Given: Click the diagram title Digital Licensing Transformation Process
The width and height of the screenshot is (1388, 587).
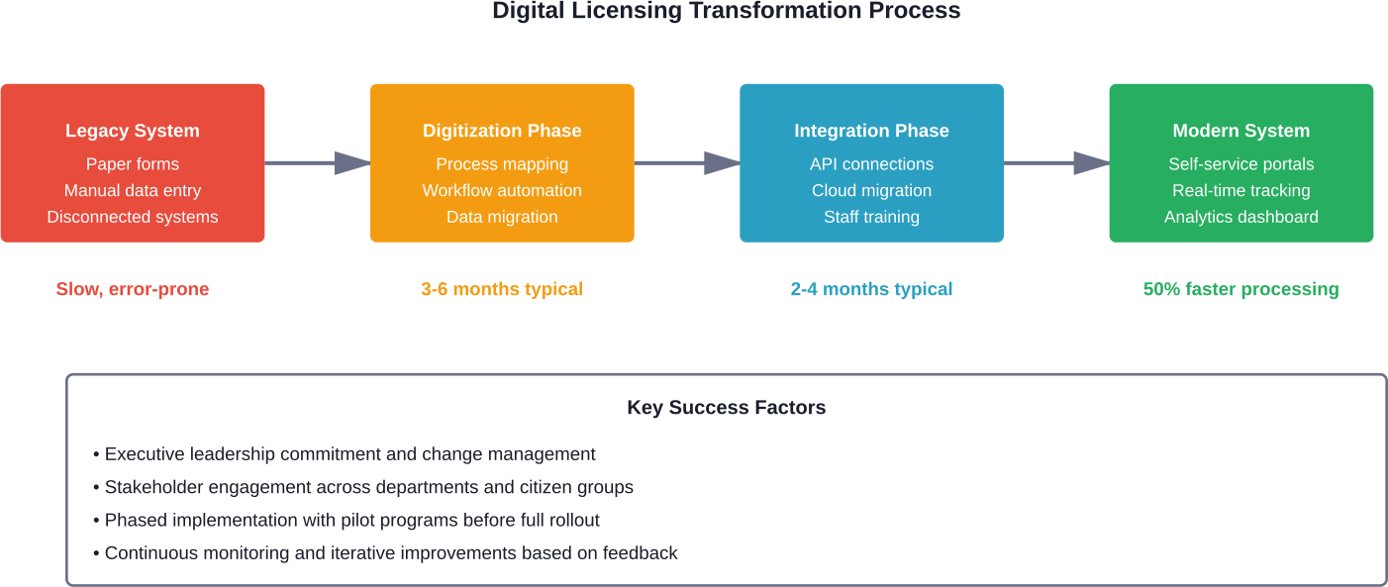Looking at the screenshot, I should coord(726,12).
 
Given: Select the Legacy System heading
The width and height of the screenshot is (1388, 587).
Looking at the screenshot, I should coord(133,131).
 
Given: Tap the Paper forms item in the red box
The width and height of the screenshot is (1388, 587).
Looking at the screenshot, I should coord(133,164).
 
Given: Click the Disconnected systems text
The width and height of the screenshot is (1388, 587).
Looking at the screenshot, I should coord(133,217).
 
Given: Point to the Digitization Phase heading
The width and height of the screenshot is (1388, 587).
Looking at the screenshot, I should coord(502,131).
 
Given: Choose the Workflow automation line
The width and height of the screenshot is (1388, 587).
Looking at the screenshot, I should coord(502,190).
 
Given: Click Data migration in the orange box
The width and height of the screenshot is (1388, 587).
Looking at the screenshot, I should coord(502,217).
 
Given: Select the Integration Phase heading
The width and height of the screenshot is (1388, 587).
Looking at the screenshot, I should coord(871,131).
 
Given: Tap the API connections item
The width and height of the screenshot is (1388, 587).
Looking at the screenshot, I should coord(871,164).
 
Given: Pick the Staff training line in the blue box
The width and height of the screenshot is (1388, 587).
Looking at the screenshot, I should coord(871,217).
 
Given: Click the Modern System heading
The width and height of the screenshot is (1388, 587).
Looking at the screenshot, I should coord(1240,131).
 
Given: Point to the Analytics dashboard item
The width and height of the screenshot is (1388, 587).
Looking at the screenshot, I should coord(1240,217).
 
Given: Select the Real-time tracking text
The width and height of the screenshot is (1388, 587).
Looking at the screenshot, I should coord(1240,190).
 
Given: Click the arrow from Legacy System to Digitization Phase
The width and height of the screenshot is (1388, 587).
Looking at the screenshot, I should coord(317,163).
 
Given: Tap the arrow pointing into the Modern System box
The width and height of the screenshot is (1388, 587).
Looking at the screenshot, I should coord(1056,163).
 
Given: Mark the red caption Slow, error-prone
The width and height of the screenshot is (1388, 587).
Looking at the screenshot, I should coord(133,289).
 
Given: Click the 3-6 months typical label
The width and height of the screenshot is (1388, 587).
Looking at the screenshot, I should coord(502,289).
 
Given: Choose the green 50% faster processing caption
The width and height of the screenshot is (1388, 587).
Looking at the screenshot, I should coord(1240,289).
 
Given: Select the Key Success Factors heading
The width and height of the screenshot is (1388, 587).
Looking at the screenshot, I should coord(726,408).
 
